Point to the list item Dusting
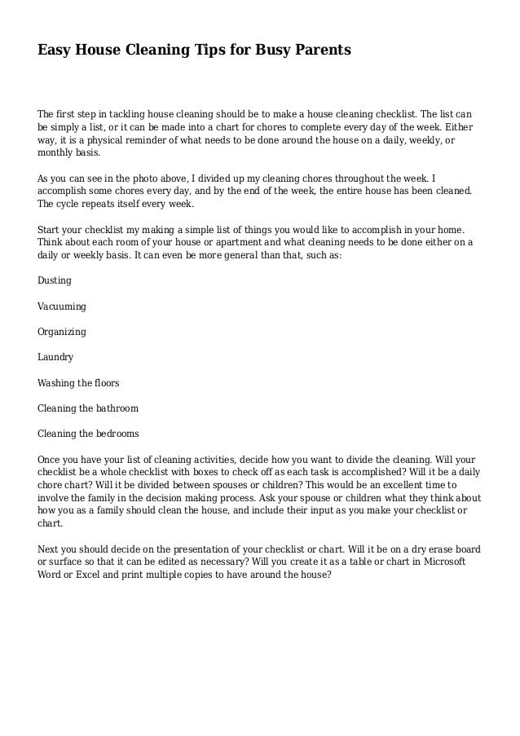point(55,280)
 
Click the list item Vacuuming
point(62,306)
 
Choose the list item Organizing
point(62,333)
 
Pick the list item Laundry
point(55,357)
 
